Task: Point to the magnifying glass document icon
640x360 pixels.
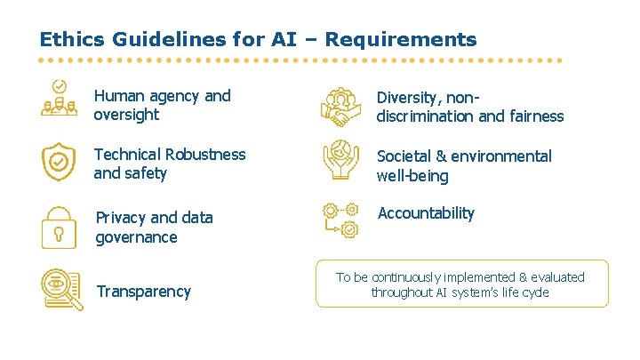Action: click(61, 290)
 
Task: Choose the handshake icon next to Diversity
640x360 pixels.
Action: click(340, 107)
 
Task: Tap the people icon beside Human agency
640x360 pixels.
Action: click(60, 99)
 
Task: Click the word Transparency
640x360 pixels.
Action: click(143, 292)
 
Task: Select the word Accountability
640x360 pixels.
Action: click(426, 213)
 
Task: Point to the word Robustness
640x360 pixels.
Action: click(203, 155)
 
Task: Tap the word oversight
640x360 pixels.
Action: click(126, 115)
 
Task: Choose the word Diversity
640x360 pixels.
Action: click(406, 96)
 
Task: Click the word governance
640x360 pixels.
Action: click(136, 237)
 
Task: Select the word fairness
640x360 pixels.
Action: click(533, 116)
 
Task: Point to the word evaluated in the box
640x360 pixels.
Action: click(556, 277)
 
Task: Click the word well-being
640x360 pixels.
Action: click(412, 176)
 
